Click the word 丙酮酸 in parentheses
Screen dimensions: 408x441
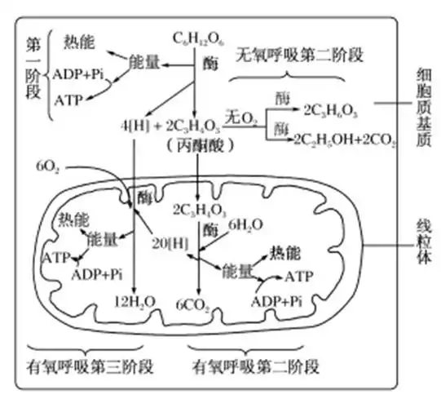pyautogui.click(x=199, y=146)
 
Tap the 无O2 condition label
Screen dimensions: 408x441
pyautogui.click(x=242, y=120)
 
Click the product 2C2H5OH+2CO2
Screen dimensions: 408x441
pyautogui.click(x=345, y=140)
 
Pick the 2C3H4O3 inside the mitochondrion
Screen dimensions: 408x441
pyautogui.click(x=200, y=210)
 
